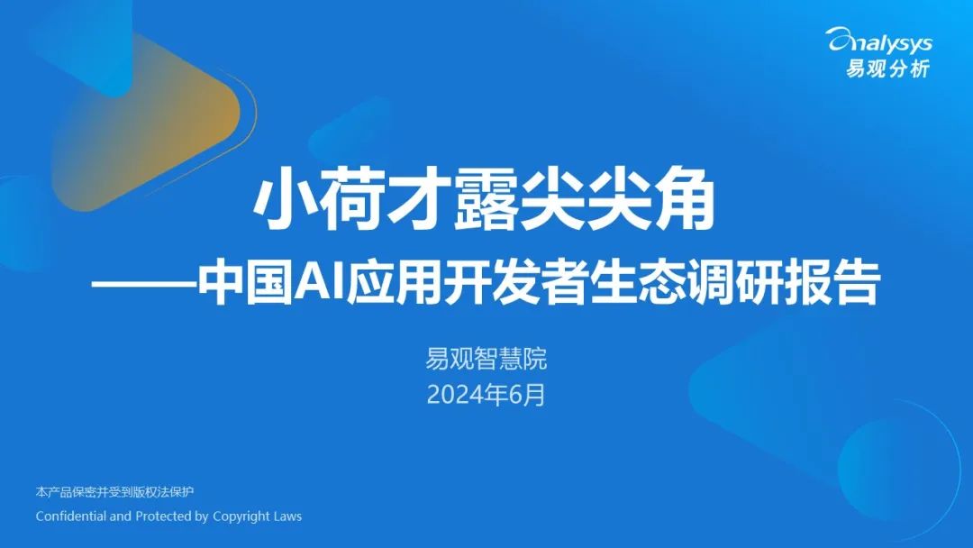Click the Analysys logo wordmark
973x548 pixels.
tap(879, 41)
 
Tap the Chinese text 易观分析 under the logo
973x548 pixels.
tap(887, 68)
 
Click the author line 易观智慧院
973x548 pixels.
tap(486, 361)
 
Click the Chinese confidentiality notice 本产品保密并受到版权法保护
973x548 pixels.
tap(114, 492)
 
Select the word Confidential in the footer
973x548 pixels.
tap(71, 516)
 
